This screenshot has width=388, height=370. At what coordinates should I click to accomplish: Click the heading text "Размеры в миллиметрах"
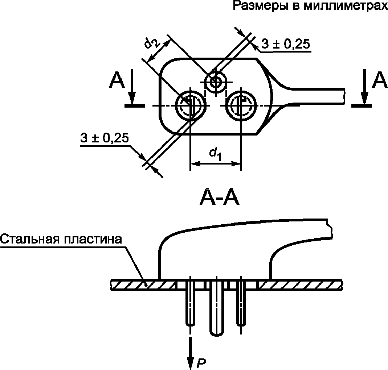coord(310,5)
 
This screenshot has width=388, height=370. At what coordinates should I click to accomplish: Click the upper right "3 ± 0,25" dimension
coord(286,44)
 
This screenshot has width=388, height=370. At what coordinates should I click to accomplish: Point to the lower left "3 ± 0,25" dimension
coord(105,138)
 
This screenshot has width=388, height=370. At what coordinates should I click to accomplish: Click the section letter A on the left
coord(117,80)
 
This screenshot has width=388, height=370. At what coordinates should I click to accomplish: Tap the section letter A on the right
coord(380,80)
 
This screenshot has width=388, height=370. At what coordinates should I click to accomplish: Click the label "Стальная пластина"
coord(61,239)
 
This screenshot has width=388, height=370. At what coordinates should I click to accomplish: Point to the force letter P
coord(201,362)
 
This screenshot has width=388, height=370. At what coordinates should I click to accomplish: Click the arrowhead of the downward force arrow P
coord(190,362)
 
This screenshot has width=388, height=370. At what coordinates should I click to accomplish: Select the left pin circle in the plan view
coord(191,106)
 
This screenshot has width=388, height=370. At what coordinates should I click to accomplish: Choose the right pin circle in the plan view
coord(241,106)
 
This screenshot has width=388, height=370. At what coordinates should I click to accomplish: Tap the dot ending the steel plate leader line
coord(146,285)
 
